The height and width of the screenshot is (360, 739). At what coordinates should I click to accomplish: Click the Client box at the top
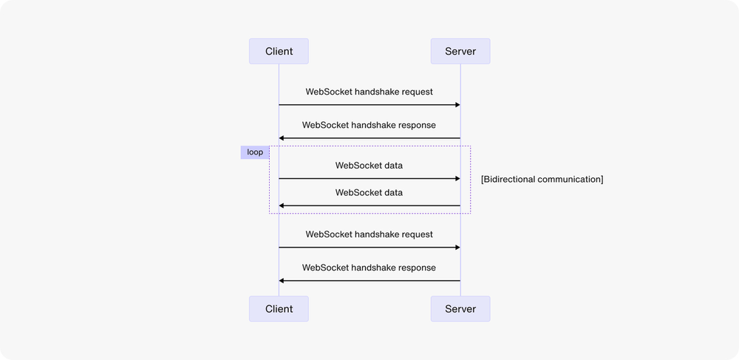[279, 51]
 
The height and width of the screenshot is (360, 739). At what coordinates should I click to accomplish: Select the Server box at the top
[460, 51]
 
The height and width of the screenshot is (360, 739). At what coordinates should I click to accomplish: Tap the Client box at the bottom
[279, 309]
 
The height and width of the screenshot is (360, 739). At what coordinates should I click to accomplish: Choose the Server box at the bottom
[460, 309]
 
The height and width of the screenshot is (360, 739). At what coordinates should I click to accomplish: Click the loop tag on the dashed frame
[255, 152]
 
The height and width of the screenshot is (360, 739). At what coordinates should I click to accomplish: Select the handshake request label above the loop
[369, 92]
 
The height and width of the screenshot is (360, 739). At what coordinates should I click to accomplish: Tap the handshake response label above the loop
[369, 125]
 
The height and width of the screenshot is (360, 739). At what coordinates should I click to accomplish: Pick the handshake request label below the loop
[369, 234]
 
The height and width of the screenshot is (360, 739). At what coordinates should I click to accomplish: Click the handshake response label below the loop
[369, 268]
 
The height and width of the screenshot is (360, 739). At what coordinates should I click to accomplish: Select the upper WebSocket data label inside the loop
[369, 166]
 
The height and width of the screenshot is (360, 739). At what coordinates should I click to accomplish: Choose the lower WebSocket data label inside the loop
[369, 193]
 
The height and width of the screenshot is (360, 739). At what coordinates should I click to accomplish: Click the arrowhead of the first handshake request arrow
[457, 105]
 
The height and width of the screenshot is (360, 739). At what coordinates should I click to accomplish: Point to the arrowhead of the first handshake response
[282, 138]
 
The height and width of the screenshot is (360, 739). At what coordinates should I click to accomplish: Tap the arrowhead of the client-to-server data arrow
[457, 179]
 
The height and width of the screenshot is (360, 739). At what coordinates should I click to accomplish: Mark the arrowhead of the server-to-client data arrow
[282, 206]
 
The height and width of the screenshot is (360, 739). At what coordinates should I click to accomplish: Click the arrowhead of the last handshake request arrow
[457, 248]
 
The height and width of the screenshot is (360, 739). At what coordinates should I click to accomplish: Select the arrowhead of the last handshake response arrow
[282, 281]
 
